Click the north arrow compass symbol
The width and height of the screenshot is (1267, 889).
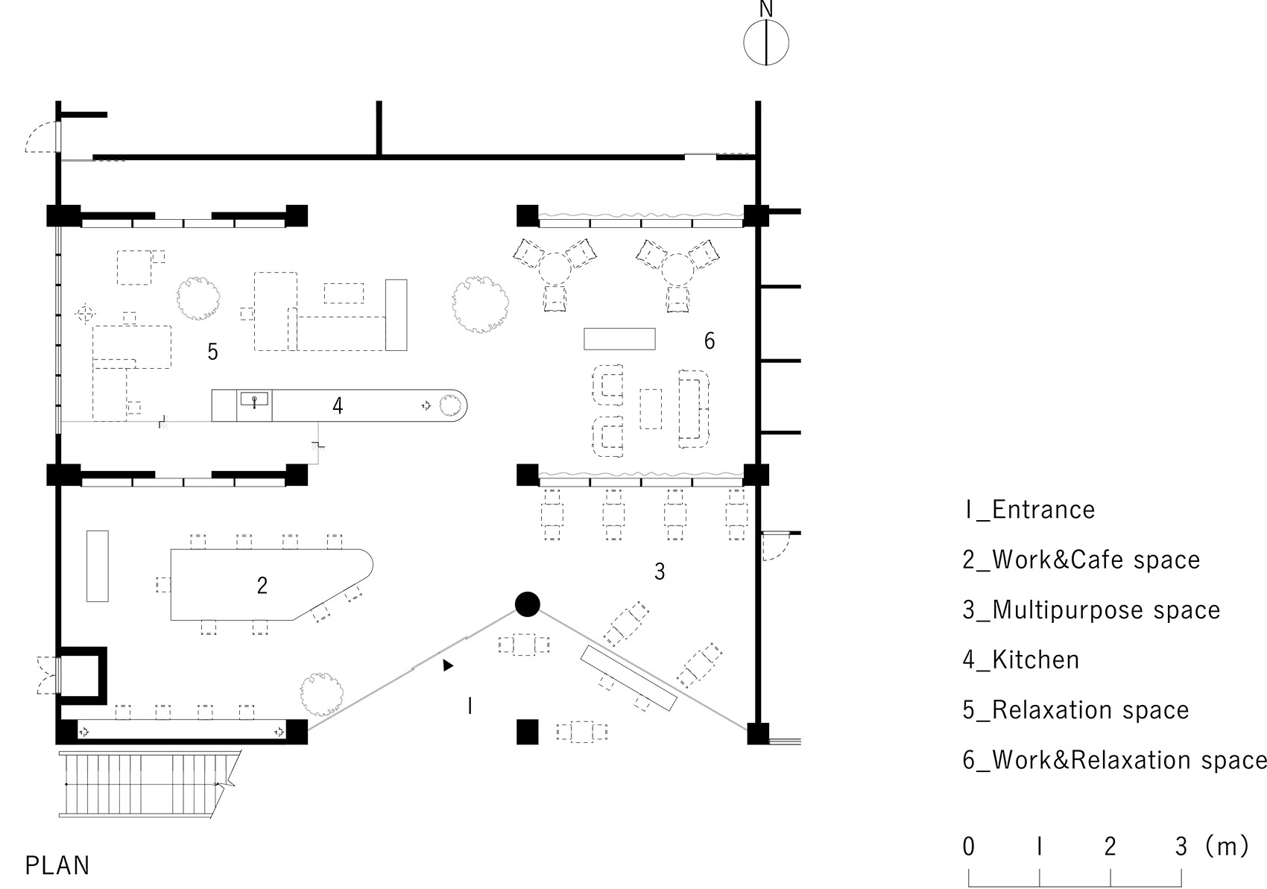point(766,42)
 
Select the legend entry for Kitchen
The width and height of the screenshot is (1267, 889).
point(1020,660)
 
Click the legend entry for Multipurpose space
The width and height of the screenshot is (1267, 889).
point(1091,610)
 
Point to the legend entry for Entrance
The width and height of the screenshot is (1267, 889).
point(1029,510)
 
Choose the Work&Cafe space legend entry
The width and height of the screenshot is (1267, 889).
point(1081,560)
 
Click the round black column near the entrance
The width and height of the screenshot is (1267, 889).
point(527,604)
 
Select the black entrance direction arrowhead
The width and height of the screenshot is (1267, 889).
point(447,665)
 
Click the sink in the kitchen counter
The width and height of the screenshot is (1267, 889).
point(254,401)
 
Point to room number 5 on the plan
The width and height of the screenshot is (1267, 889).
point(213,352)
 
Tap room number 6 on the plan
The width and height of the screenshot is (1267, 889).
point(710,341)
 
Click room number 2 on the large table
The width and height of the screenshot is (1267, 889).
point(262,586)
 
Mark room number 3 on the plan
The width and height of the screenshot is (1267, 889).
point(660,572)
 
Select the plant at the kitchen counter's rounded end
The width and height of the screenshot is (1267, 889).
point(449,406)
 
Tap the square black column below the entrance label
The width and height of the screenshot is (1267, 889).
point(527,732)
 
